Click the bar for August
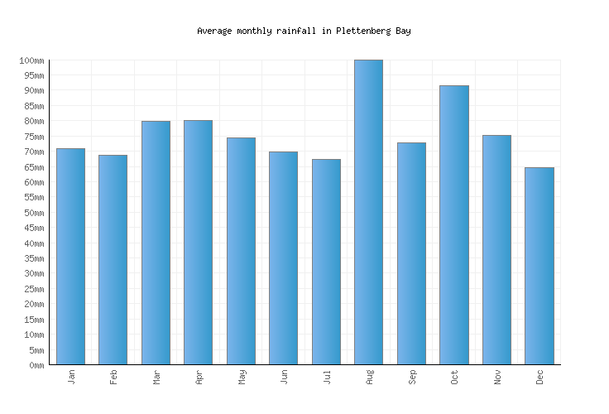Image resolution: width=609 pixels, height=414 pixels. point(368,212)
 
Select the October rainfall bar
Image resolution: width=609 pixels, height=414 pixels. point(453,225)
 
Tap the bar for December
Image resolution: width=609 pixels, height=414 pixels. point(539,266)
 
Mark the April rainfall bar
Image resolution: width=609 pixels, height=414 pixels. point(198,243)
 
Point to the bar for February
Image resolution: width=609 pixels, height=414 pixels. point(113,260)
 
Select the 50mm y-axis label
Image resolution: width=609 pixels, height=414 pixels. point(33,213)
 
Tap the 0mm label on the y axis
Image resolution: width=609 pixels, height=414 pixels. point(36,365)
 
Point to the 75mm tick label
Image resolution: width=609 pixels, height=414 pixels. point(33,137)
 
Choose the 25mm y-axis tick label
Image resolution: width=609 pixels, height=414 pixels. point(33,289)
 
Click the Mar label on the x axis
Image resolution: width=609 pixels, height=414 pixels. point(156,378)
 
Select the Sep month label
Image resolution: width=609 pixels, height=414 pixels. point(412,378)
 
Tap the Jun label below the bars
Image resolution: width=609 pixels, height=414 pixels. point(284,378)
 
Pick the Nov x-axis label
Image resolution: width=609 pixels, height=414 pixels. point(497,378)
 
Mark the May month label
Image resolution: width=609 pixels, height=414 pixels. point(242,378)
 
